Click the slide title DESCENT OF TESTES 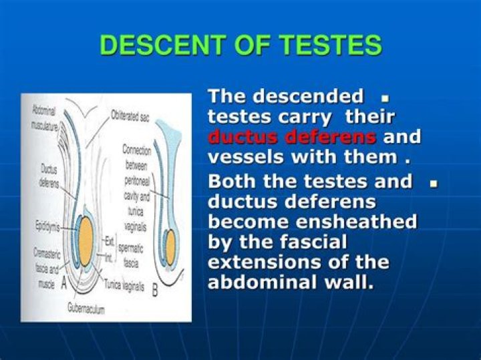click(240, 45)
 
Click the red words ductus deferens click(292, 138)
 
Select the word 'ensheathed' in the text click(365, 221)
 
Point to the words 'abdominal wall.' click(291, 282)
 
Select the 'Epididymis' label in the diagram click(47, 227)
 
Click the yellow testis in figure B click(170, 246)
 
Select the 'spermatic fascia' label click(132, 255)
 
